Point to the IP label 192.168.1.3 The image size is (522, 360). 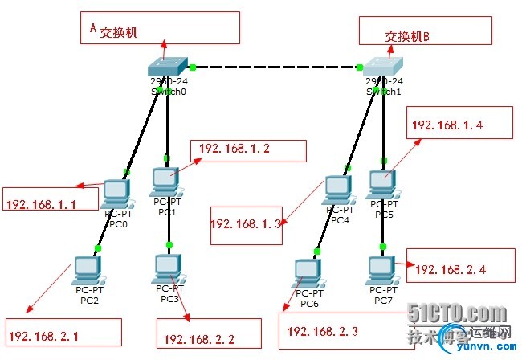pyautogui.click(x=246, y=225)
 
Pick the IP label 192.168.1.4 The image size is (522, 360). pyautogui.click(x=447, y=125)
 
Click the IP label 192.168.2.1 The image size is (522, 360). pyautogui.click(x=45, y=330)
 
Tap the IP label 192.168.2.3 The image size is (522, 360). pyautogui.click(x=321, y=330)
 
